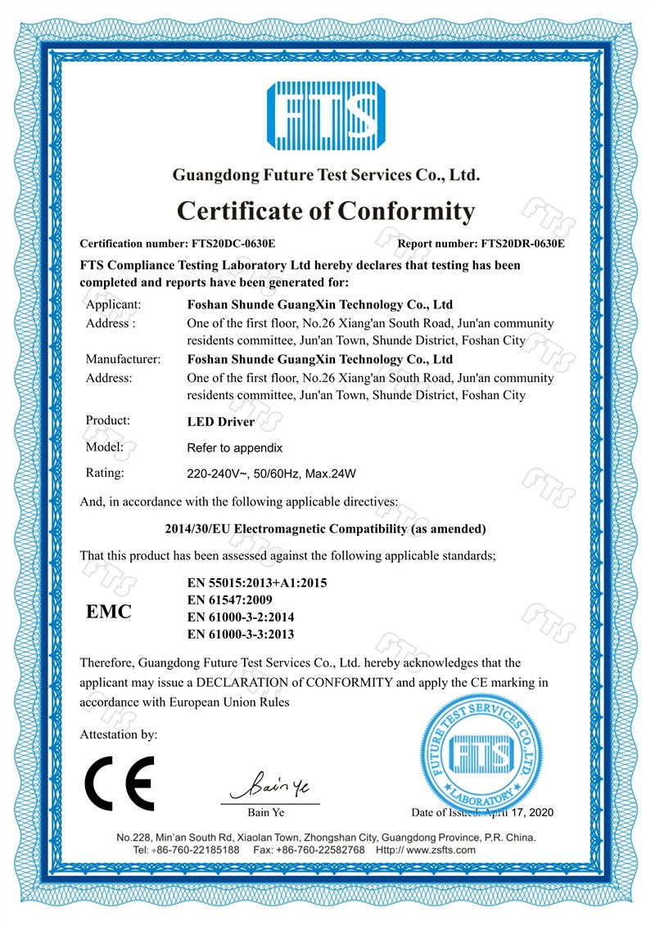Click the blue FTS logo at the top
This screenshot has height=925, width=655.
pyautogui.click(x=327, y=115)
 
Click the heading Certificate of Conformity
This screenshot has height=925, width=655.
pyautogui.click(x=326, y=211)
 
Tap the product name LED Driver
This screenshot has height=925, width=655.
pyautogui.click(x=221, y=423)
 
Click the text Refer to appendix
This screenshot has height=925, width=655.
pyautogui.click(x=235, y=448)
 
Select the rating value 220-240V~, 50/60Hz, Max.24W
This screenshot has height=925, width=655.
pyautogui.click(x=273, y=474)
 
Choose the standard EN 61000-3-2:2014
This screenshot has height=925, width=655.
pyautogui.click(x=242, y=617)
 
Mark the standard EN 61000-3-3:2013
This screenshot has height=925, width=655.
pyautogui.click(x=242, y=635)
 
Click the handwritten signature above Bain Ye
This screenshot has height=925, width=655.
pyautogui.click(x=269, y=787)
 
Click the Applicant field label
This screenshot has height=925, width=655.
pyautogui.click(x=114, y=304)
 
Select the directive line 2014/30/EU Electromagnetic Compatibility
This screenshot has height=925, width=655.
pyautogui.click(x=326, y=528)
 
